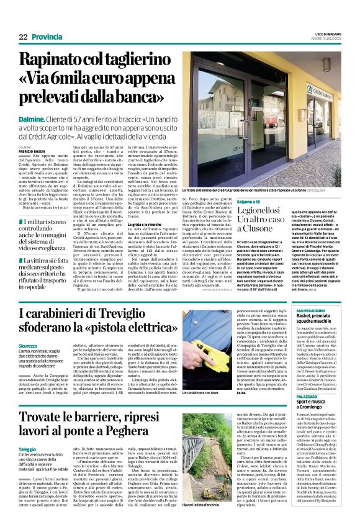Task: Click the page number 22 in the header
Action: point(22,37)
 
